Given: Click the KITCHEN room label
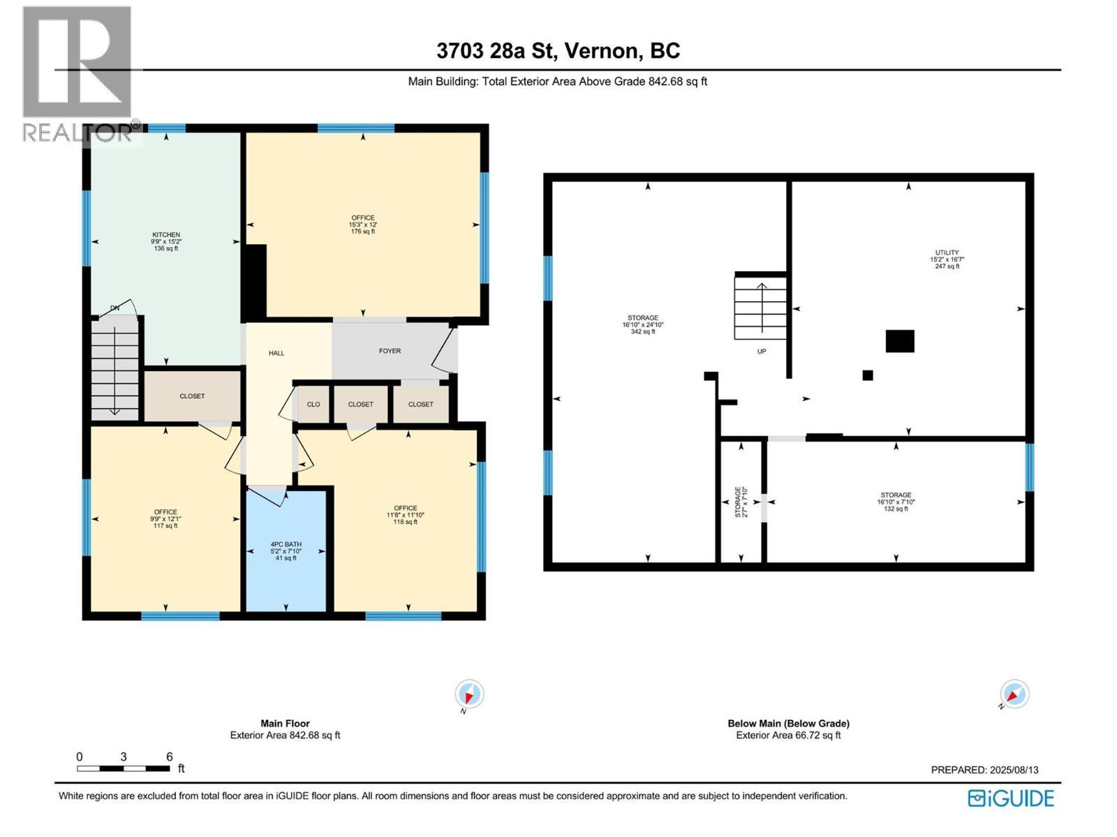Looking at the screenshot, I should point(166,235).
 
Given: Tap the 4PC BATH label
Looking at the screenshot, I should point(286,545).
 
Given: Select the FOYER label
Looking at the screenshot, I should point(390,351).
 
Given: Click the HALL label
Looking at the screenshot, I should point(276,353).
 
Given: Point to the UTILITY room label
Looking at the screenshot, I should point(947,252).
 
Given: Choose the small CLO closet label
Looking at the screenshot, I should point(313,405).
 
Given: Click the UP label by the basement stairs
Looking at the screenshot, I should point(762,352).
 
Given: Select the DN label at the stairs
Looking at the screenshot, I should point(114,308).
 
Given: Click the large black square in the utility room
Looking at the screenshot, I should point(900,341).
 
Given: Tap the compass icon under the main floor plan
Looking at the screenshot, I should point(469,695).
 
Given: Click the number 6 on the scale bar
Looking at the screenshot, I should point(169,757).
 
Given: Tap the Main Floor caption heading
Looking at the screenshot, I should point(285,723).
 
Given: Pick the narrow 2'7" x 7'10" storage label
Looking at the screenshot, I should point(741,502).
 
